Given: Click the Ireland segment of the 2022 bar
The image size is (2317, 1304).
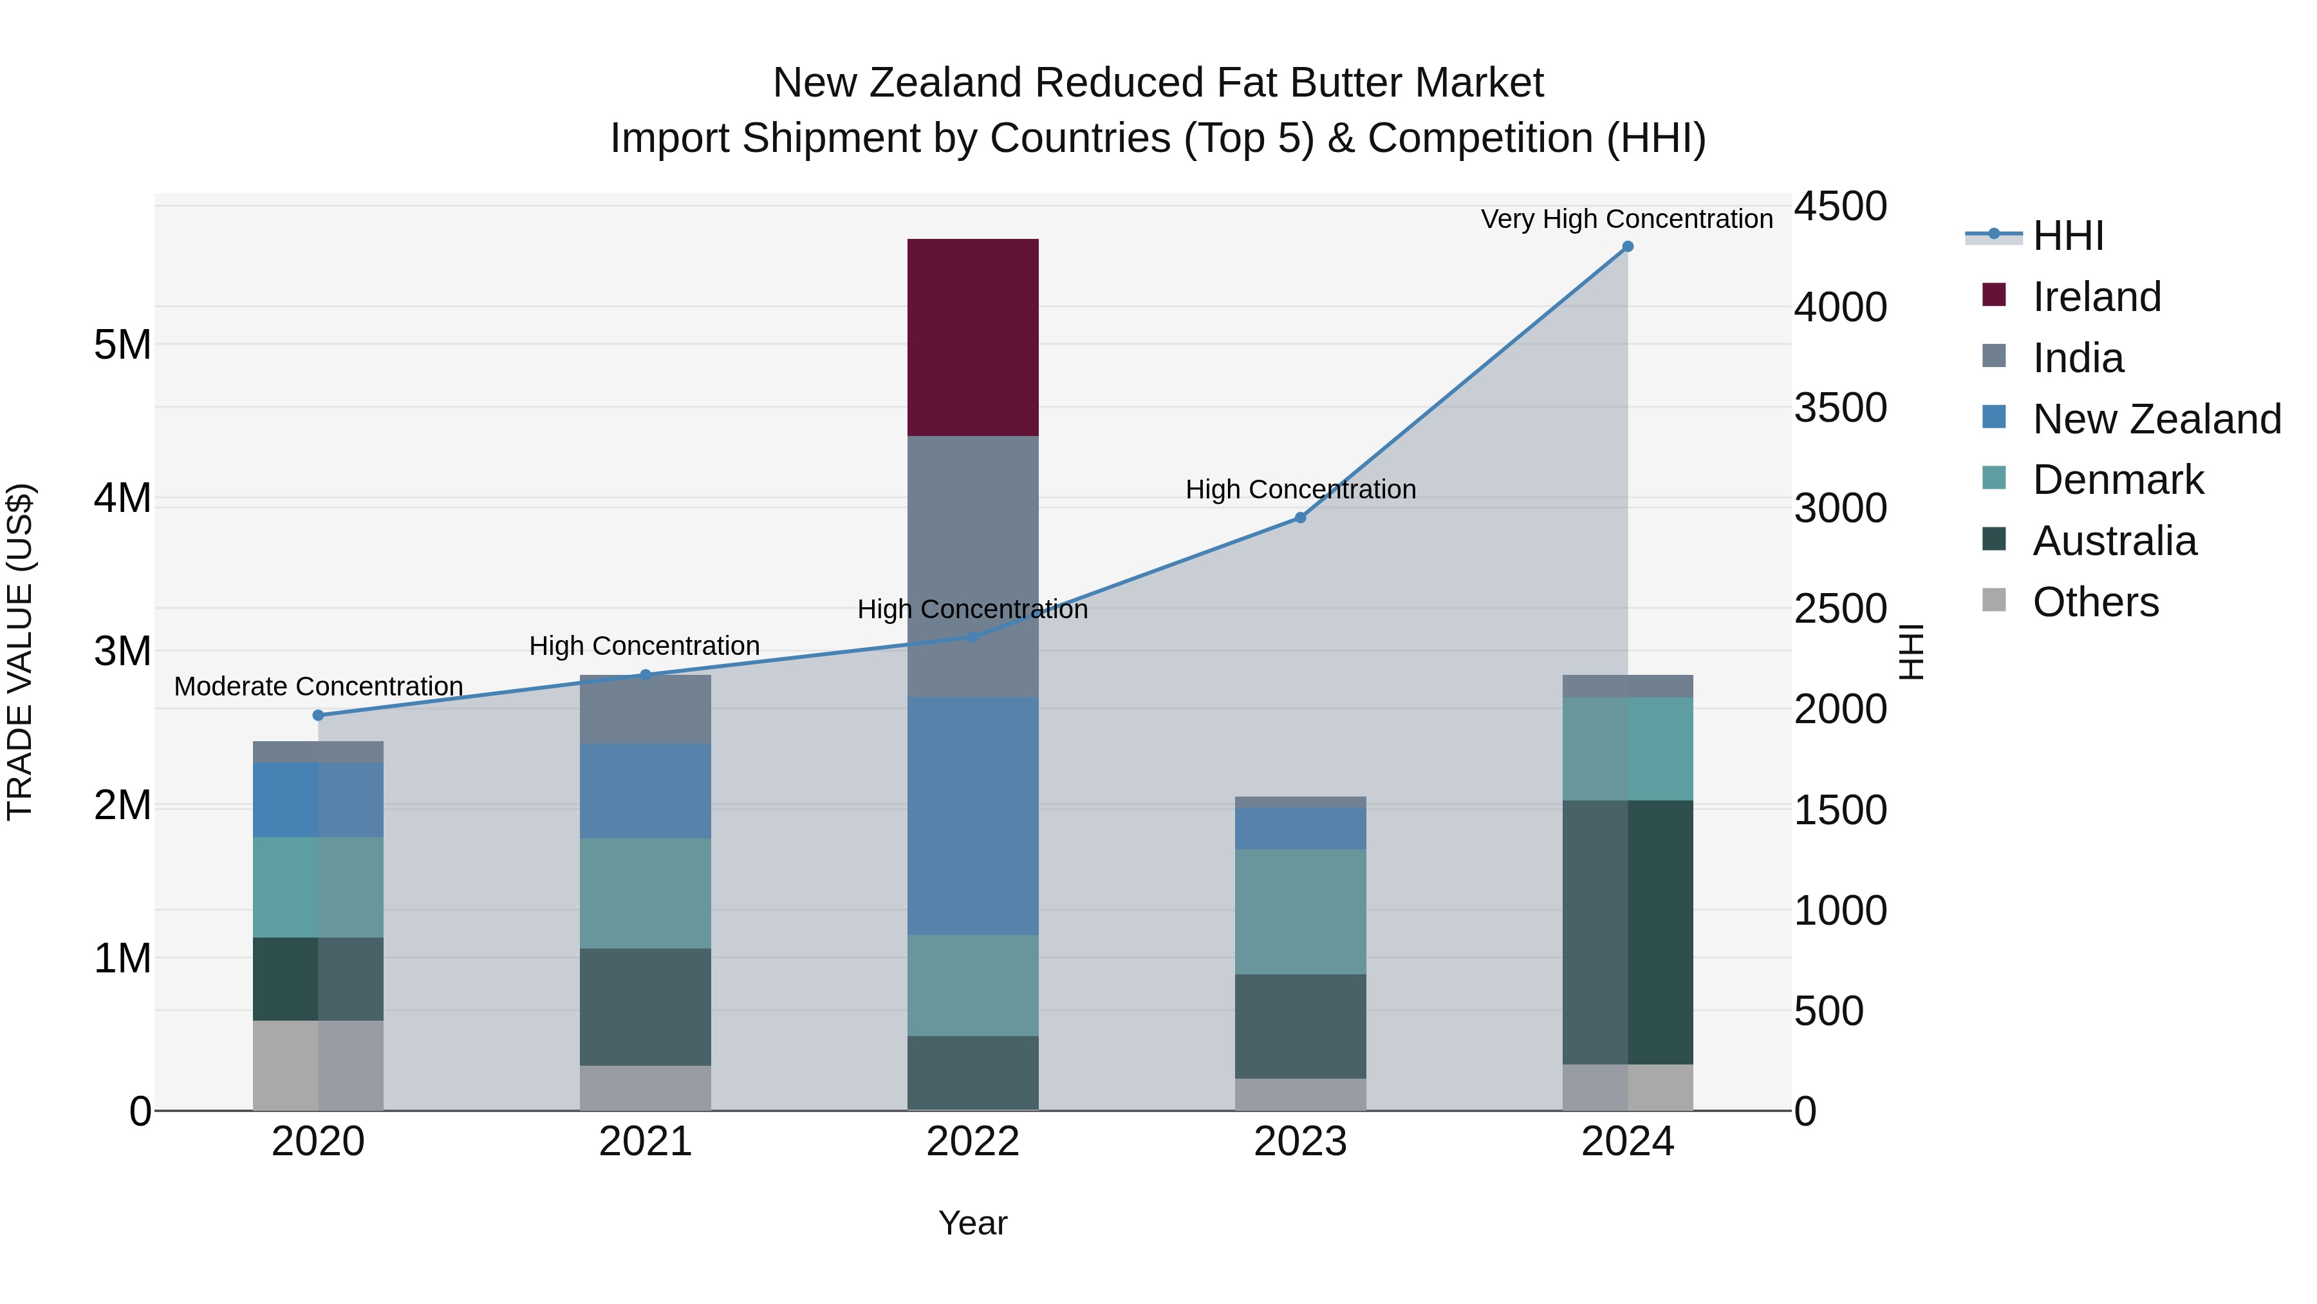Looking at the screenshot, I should tap(972, 337).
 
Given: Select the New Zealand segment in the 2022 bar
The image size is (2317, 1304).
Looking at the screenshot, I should tap(972, 815).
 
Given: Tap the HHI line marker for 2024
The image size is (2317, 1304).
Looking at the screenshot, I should tap(1627, 247).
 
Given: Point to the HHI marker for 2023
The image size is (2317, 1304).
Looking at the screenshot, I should tap(1299, 518).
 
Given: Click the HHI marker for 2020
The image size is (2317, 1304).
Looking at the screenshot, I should tap(317, 715).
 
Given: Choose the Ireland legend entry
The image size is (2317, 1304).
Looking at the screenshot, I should tap(2096, 297).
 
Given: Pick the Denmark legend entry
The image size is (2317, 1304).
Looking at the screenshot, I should tap(2117, 480).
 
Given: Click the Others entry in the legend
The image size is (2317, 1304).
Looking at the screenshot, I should tap(2095, 602).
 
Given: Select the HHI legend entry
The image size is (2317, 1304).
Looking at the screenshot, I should tap(2067, 236).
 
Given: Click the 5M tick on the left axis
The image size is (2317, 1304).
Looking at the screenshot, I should tap(122, 345).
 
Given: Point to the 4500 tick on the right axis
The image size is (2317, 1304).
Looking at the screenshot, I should tap(1840, 206).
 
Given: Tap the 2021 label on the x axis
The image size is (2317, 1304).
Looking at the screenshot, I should tap(645, 1142).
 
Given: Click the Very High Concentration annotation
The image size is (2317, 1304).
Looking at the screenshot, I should tap(1626, 219).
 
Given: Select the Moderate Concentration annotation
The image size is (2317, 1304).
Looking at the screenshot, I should tap(319, 686).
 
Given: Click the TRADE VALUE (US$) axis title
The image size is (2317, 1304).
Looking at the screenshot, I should tap(20, 652).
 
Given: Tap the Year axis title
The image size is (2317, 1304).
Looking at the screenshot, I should tap(972, 1223).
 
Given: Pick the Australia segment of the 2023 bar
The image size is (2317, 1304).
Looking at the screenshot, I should tap(1299, 1026).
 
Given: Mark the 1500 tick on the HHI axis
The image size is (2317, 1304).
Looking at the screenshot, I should tap(1840, 810).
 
